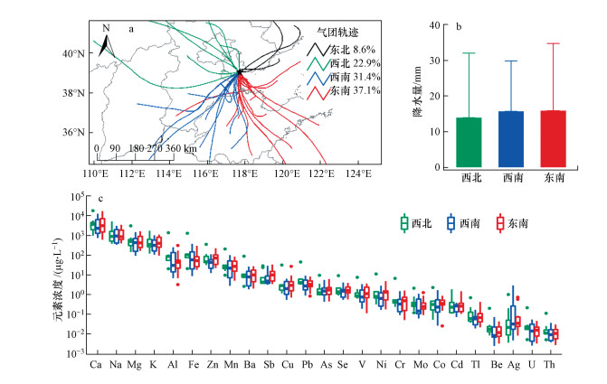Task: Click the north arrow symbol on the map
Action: pos(105,41)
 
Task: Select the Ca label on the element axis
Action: pos(96,364)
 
